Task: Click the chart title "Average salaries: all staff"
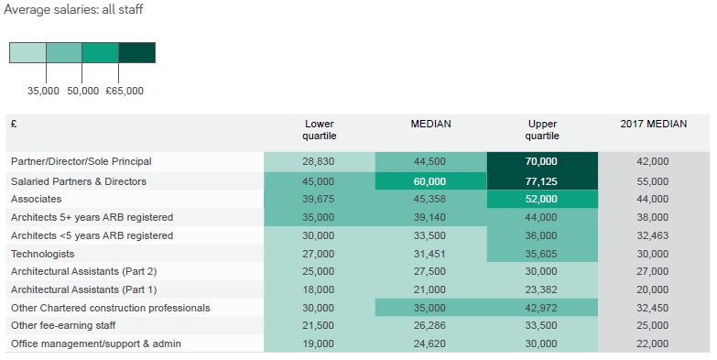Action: click(73, 9)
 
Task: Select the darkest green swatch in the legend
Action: click(137, 52)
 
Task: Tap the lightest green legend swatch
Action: click(27, 52)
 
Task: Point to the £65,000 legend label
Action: click(125, 91)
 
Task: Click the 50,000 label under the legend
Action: click(82, 91)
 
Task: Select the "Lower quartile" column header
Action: click(320, 130)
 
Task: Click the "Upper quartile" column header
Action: click(542, 130)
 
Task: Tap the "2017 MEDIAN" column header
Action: click(654, 124)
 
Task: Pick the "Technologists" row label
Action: click(42, 254)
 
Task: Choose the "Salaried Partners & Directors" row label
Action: click(79, 181)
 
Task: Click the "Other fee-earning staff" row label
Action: click(63, 326)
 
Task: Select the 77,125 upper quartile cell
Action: click(542, 181)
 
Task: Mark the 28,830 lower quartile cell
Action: click(320, 161)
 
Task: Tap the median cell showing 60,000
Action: click(430, 181)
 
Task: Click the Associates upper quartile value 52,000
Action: click(541, 199)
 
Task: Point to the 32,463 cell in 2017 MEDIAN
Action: click(654, 235)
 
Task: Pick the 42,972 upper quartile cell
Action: click(542, 308)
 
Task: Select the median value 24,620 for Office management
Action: click(429, 344)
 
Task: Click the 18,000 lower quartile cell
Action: click(320, 289)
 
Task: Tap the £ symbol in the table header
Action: click(14, 124)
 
